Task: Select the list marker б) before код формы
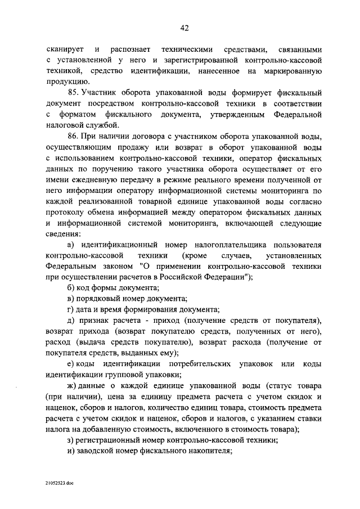click(70, 288)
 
